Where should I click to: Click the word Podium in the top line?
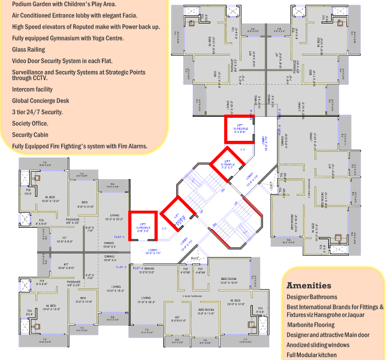click(22, 3)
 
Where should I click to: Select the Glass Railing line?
click(29, 50)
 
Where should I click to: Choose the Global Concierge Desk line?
click(41, 101)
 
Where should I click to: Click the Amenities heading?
click(309, 286)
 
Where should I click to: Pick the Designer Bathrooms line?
click(312, 298)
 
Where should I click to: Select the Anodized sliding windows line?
click(317, 345)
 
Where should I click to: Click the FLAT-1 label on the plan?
click(120, 235)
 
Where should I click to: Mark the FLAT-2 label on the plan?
click(121, 267)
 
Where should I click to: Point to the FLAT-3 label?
click(137, 268)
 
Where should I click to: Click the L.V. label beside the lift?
click(164, 229)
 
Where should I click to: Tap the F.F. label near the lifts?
click(242, 150)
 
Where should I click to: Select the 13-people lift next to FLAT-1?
click(143, 224)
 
